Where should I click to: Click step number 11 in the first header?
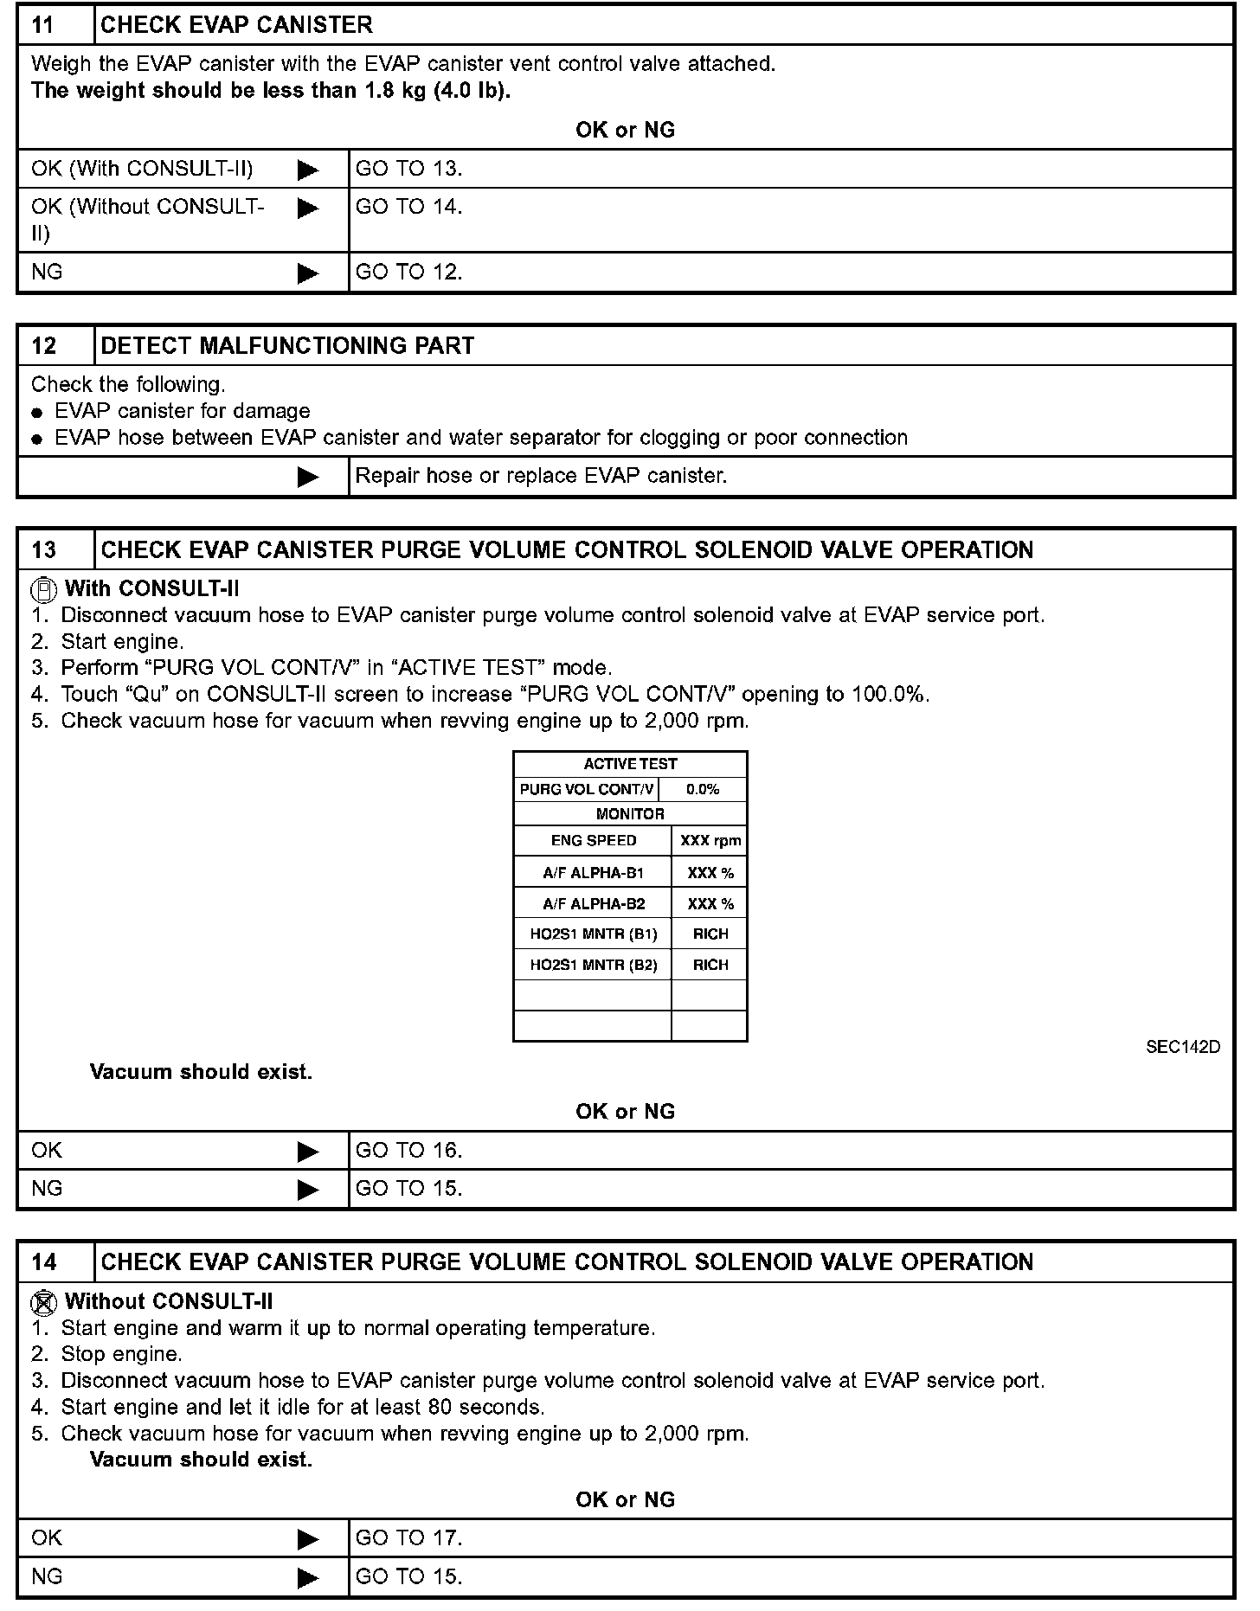tap(43, 25)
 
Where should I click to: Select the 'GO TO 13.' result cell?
tap(409, 169)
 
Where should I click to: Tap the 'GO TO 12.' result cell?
tap(409, 272)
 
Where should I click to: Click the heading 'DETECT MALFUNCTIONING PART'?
tap(287, 346)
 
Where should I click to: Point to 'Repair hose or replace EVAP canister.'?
tap(541, 476)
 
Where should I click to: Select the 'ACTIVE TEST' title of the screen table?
tap(630, 764)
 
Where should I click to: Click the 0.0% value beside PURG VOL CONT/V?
tap(702, 789)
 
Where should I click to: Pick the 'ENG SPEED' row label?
tap(593, 840)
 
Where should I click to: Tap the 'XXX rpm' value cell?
tap(710, 840)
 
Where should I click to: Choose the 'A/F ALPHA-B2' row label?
tap(593, 904)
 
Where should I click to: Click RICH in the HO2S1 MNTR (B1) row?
tap(710, 934)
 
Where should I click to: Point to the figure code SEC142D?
tap(1182, 1047)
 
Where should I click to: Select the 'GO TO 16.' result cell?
tap(409, 1151)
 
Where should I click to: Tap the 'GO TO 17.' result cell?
tap(409, 1538)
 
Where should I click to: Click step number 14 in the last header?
tap(43, 1262)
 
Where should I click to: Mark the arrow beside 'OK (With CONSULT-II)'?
tap(308, 170)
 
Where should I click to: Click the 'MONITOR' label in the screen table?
tap(630, 814)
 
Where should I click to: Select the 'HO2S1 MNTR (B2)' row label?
tap(593, 965)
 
